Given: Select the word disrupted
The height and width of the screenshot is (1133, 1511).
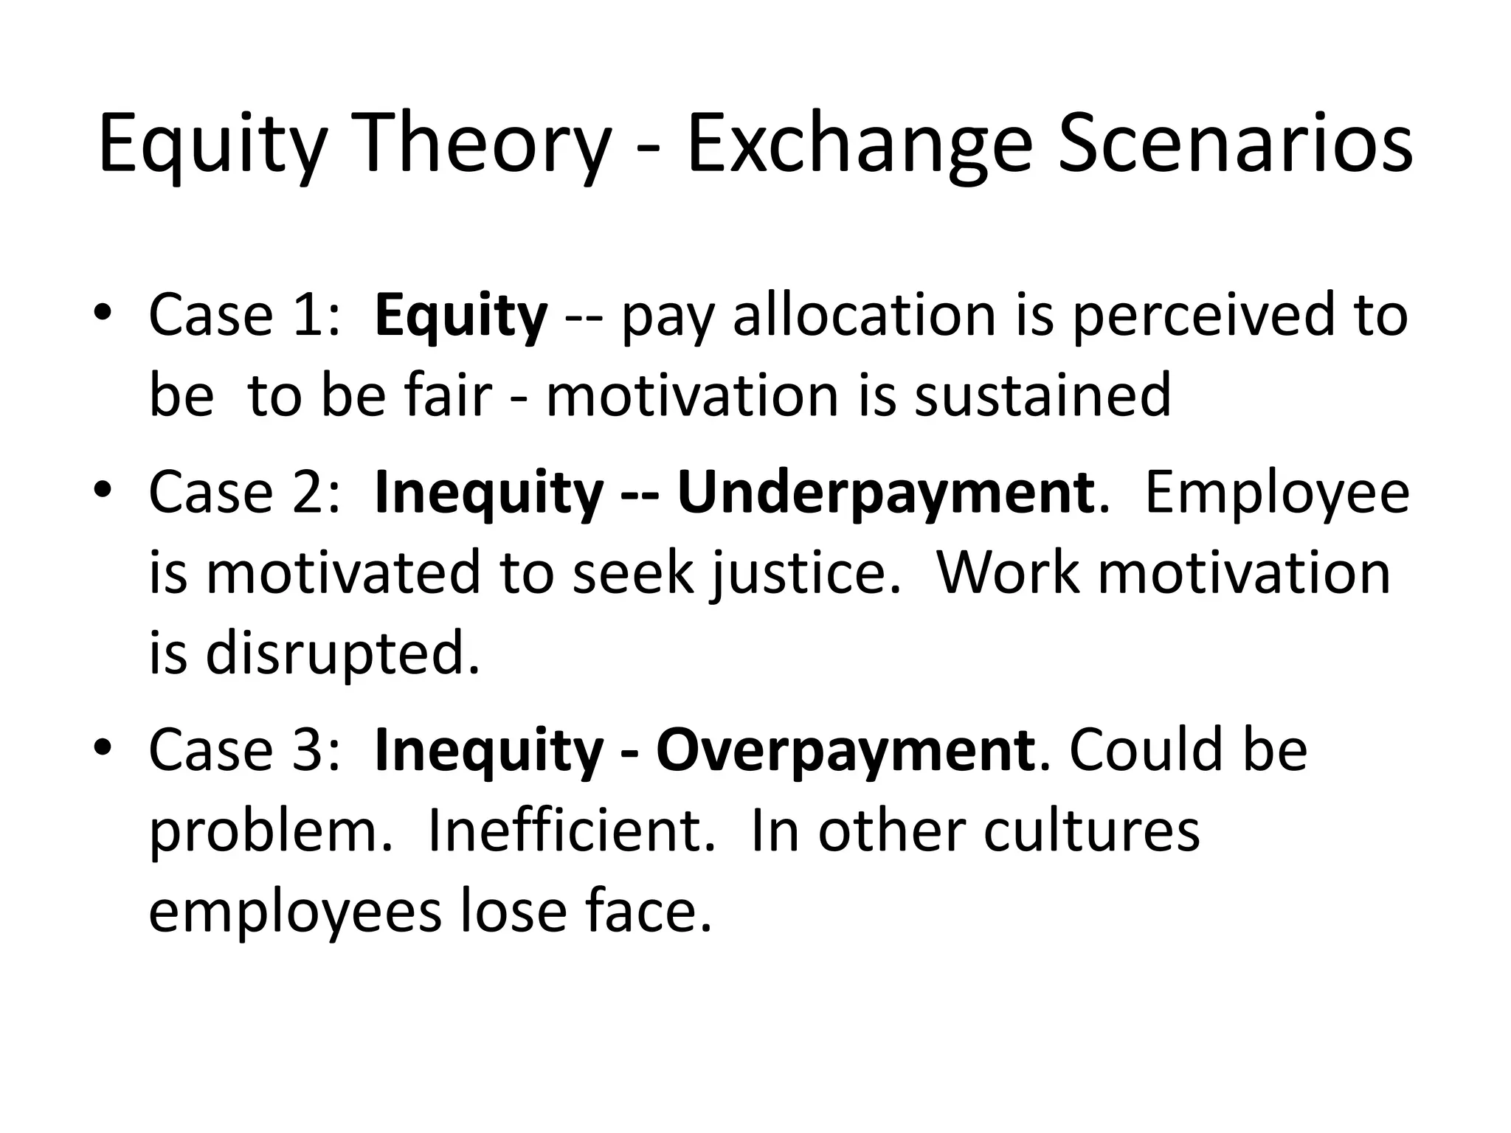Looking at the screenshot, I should [342, 654].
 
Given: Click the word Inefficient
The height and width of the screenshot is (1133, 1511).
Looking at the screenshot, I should [571, 831].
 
